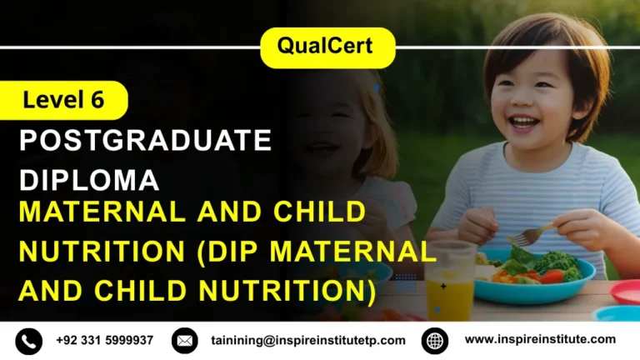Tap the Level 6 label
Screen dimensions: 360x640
tap(63, 101)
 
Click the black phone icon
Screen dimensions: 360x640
tap(28, 340)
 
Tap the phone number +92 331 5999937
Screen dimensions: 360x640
tap(105, 340)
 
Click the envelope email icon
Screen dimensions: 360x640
tap(185, 340)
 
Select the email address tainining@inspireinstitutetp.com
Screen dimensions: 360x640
tap(308, 340)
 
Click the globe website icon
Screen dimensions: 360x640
tap(435, 340)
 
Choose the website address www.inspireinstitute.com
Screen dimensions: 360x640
tap(540, 339)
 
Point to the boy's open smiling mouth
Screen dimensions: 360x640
tap(524, 122)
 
